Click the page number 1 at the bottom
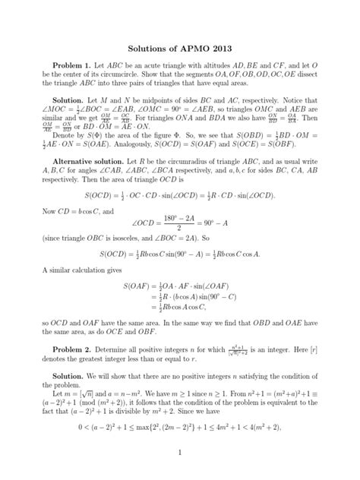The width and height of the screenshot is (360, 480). [x=180, y=453]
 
